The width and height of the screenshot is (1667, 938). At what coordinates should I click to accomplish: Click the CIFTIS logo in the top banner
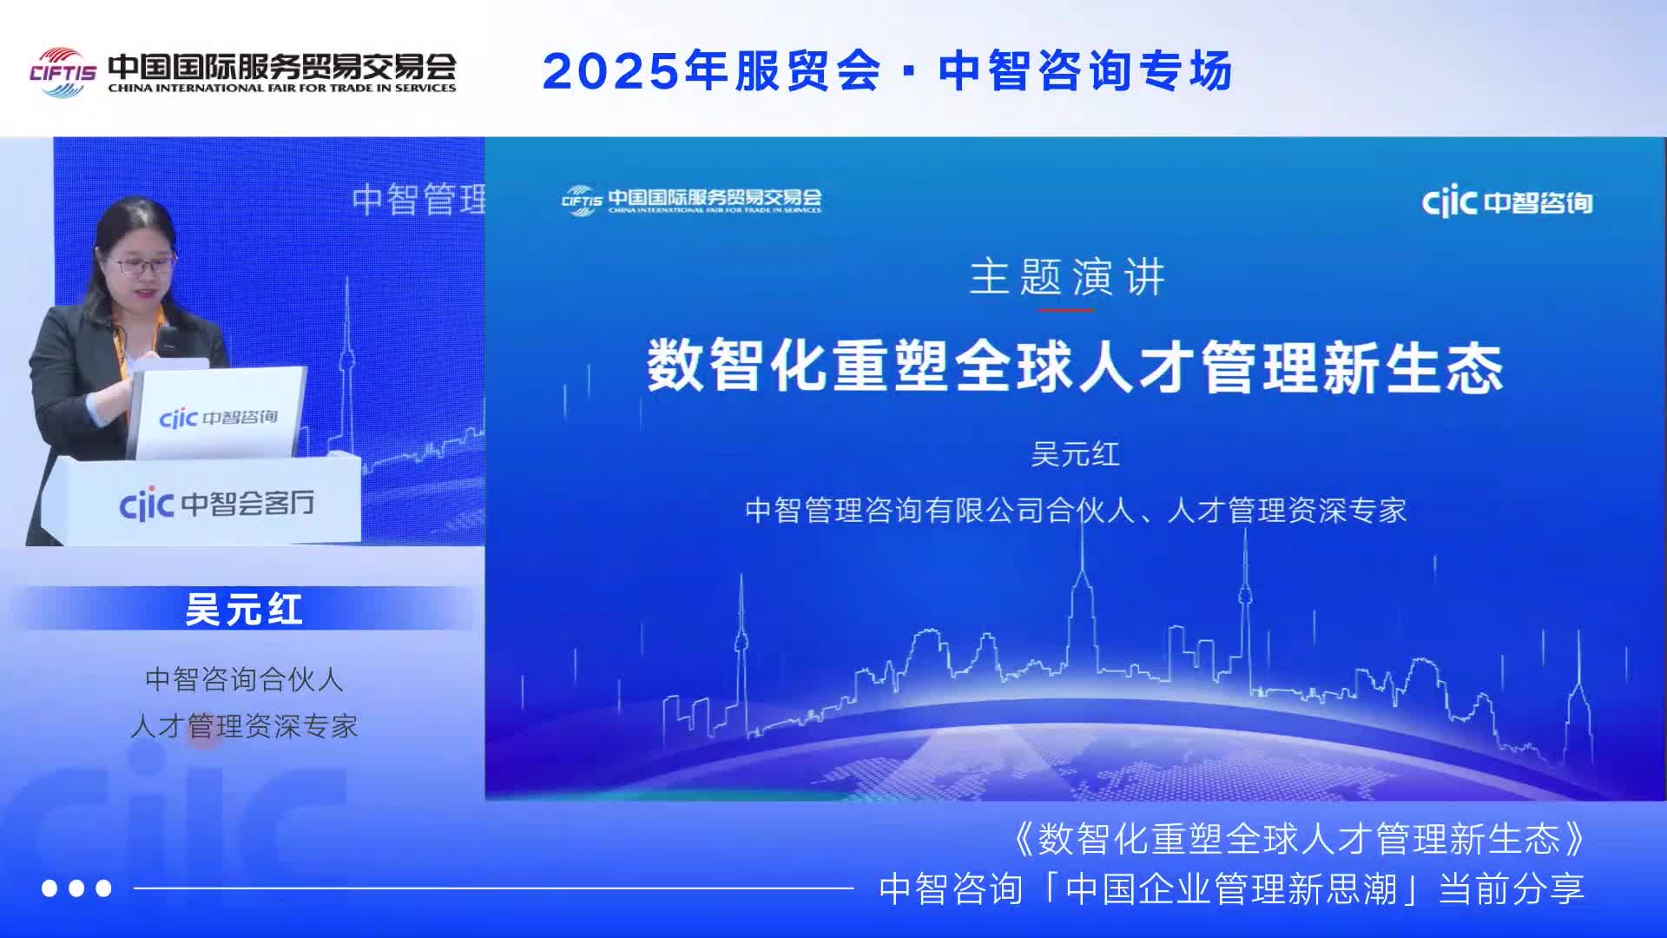(x=63, y=70)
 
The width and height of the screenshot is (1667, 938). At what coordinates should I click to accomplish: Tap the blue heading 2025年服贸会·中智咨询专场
(x=887, y=70)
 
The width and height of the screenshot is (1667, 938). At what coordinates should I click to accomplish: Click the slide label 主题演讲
(x=1067, y=277)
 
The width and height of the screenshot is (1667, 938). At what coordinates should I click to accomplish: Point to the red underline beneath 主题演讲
(x=1067, y=309)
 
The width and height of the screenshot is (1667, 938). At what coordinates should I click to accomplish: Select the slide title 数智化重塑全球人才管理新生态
(x=1075, y=367)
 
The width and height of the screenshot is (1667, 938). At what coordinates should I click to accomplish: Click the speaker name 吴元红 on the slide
(x=1075, y=454)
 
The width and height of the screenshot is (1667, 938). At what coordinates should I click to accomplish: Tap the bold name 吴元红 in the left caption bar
(x=244, y=609)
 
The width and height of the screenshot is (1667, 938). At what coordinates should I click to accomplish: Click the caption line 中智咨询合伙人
(x=244, y=678)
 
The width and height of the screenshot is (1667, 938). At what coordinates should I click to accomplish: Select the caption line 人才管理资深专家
(x=244, y=726)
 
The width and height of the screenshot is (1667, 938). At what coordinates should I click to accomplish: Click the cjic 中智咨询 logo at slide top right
(x=1507, y=202)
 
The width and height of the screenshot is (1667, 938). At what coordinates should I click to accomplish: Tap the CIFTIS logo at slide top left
(x=691, y=200)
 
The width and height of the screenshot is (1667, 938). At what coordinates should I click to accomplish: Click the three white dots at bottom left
(x=77, y=888)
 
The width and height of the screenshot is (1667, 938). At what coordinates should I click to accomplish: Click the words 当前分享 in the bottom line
(x=1512, y=888)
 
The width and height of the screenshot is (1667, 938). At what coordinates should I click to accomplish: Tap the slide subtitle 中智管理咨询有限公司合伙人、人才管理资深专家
(x=1076, y=510)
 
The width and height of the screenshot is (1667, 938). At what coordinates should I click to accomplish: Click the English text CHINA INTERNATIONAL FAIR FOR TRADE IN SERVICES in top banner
(x=282, y=88)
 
